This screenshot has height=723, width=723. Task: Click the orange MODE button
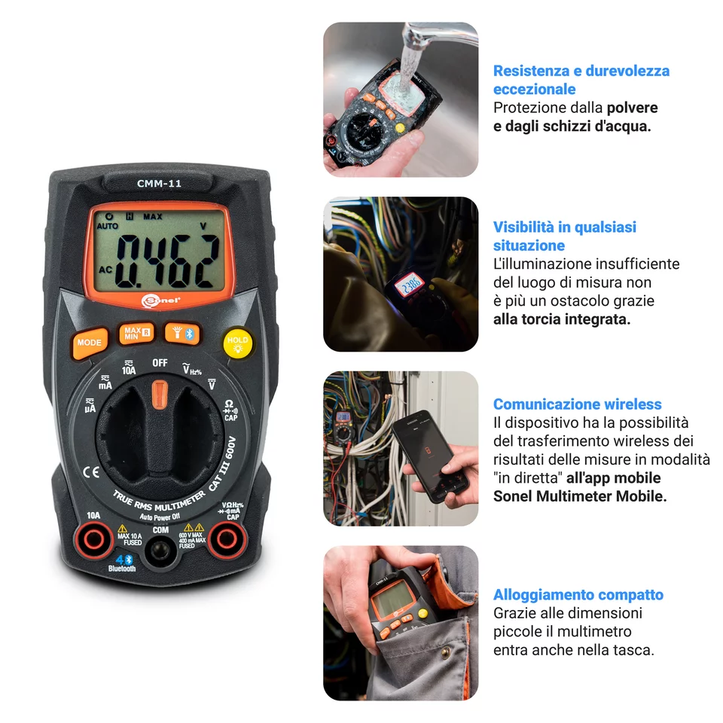(x=89, y=343)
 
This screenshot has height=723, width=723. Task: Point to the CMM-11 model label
(x=159, y=182)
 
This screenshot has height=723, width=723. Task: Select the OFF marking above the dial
(x=160, y=363)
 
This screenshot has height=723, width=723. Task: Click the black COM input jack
(x=160, y=552)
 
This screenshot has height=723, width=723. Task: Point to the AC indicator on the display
(x=105, y=269)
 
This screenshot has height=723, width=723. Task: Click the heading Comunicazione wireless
(x=577, y=404)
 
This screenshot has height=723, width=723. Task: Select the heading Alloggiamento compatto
(x=578, y=595)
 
